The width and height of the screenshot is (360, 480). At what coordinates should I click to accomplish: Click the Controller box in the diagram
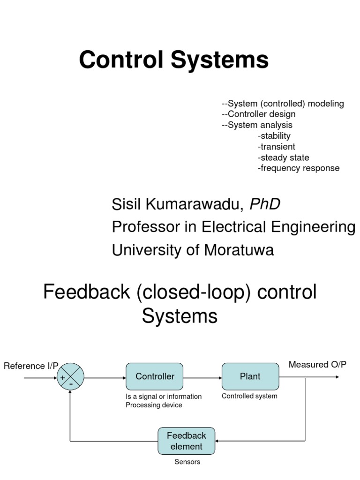point(155,376)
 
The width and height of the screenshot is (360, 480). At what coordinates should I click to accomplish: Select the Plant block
point(250,376)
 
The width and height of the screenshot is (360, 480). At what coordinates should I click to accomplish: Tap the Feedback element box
point(186,441)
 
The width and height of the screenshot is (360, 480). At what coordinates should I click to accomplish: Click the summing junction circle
point(70,376)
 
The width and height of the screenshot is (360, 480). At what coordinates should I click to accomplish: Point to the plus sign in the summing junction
point(63,377)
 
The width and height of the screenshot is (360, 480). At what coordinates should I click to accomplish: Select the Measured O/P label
point(317,365)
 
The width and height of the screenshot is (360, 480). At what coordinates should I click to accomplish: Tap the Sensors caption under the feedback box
point(187,462)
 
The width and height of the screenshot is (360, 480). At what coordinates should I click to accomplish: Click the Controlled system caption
point(249,396)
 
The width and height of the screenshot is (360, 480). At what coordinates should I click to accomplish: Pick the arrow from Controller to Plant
point(202,377)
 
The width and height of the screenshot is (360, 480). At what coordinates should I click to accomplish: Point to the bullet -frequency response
point(298,168)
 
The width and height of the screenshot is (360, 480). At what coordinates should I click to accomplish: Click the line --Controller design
point(258,114)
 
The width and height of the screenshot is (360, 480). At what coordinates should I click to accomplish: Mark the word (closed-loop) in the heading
point(193,292)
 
